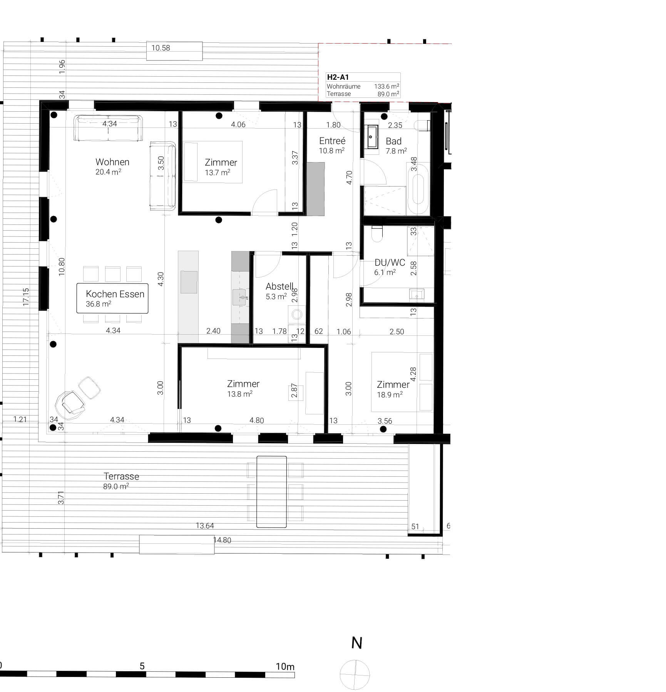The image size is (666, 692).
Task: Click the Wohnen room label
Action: click(112, 162)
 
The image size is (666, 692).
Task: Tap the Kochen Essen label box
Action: click(112, 298)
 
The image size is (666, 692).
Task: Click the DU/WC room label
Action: click(390, 263)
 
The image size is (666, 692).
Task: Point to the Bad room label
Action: click(393, 141)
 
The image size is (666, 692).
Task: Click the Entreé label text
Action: click(332, 141)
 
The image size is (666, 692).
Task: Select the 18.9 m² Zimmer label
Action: click(393, 389)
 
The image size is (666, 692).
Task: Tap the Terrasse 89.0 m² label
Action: click(121, 481)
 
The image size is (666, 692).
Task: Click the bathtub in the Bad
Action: click(418, 189)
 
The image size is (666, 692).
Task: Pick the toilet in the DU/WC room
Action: click(377, 234)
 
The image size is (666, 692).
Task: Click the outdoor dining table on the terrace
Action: click(271, 492)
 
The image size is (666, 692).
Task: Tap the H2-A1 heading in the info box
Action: click(338, 77)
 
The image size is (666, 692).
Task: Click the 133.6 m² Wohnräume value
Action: click(387, 87)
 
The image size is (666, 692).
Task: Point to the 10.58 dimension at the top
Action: click(161, 48)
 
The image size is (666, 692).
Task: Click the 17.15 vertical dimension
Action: click(26, 297)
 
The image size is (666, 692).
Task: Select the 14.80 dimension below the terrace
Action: click(222, 540)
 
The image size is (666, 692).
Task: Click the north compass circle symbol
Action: click(355, 675)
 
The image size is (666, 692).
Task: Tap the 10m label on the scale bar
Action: click(285, 667)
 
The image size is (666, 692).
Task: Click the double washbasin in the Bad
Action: click(372, 137)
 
